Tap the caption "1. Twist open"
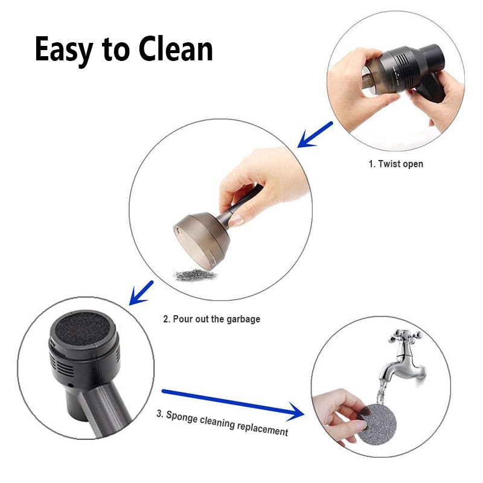pos(395,164)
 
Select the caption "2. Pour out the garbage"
pos(212,319)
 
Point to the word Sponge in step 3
pos(184,417)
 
